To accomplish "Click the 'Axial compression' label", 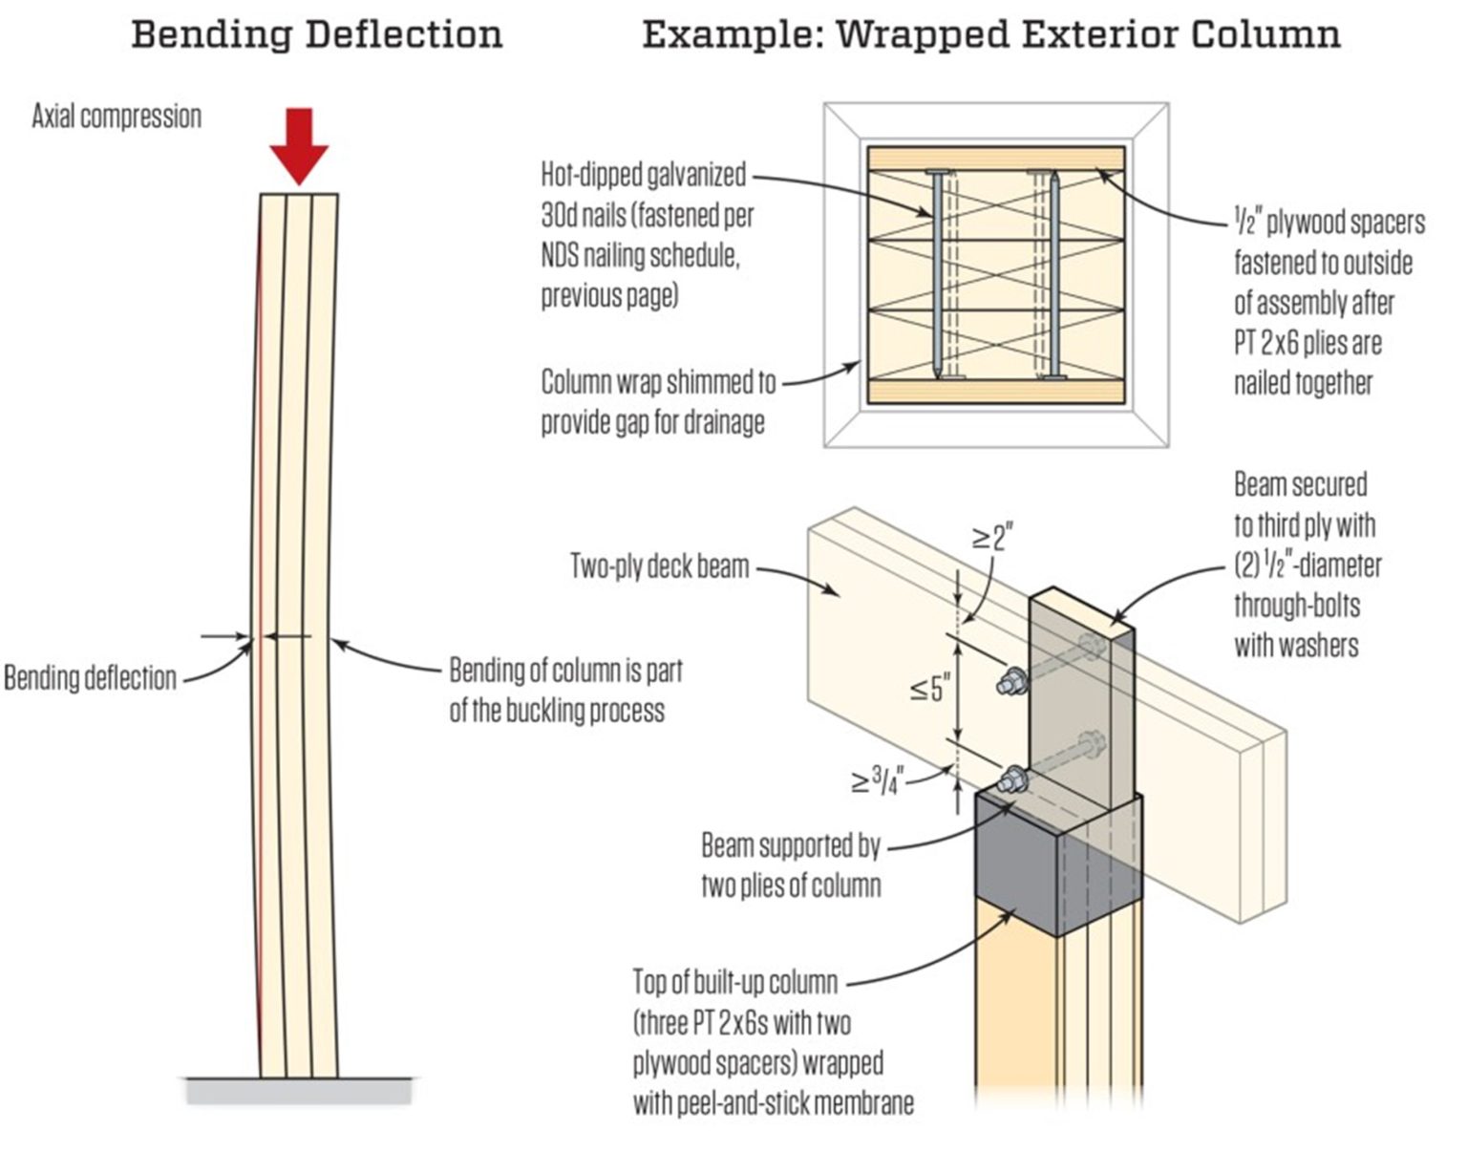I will tap(117, 117).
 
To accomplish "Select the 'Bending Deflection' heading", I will tap(316, 34).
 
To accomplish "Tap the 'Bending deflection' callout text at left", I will tap(90, 678).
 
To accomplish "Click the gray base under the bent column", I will tap(299, 1090).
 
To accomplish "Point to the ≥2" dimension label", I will tap(992, 538).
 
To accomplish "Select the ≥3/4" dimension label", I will tap(877, 781).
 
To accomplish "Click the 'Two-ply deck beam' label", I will tap(659, 565).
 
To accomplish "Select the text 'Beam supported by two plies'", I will tap(790, 865).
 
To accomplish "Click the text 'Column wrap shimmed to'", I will tap(658, 382).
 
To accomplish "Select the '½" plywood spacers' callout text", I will tap(1328, 224).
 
